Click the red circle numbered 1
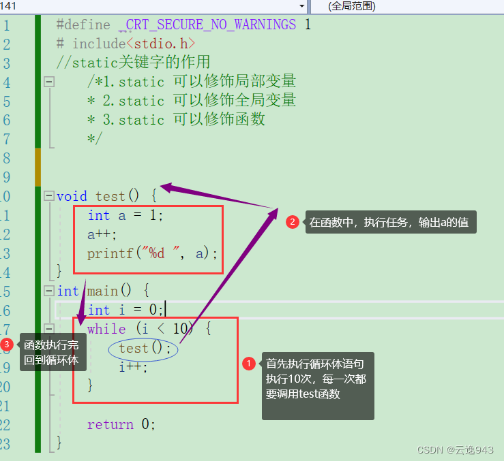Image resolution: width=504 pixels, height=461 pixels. click(249, 364)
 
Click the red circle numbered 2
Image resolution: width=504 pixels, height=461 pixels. click(292, 222)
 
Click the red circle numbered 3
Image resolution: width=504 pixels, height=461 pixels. click(7, 345)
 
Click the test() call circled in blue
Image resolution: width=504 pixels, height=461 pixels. click(144, 349)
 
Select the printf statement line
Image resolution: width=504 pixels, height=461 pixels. click(151, 253)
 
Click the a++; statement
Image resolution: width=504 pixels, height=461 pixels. click(102, 234)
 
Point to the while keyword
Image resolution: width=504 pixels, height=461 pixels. click(106, 329)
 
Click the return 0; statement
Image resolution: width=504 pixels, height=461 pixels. click(121, 424)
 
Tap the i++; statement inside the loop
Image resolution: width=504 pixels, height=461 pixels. click(133, 367)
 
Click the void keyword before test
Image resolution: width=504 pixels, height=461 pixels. click(72, 196)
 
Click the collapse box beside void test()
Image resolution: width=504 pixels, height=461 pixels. click(48, 196)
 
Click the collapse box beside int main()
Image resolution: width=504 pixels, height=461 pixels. click(48, 291)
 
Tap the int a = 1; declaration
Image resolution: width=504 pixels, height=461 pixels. click(125, 215)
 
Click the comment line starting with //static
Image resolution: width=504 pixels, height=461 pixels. click(133, 63)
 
